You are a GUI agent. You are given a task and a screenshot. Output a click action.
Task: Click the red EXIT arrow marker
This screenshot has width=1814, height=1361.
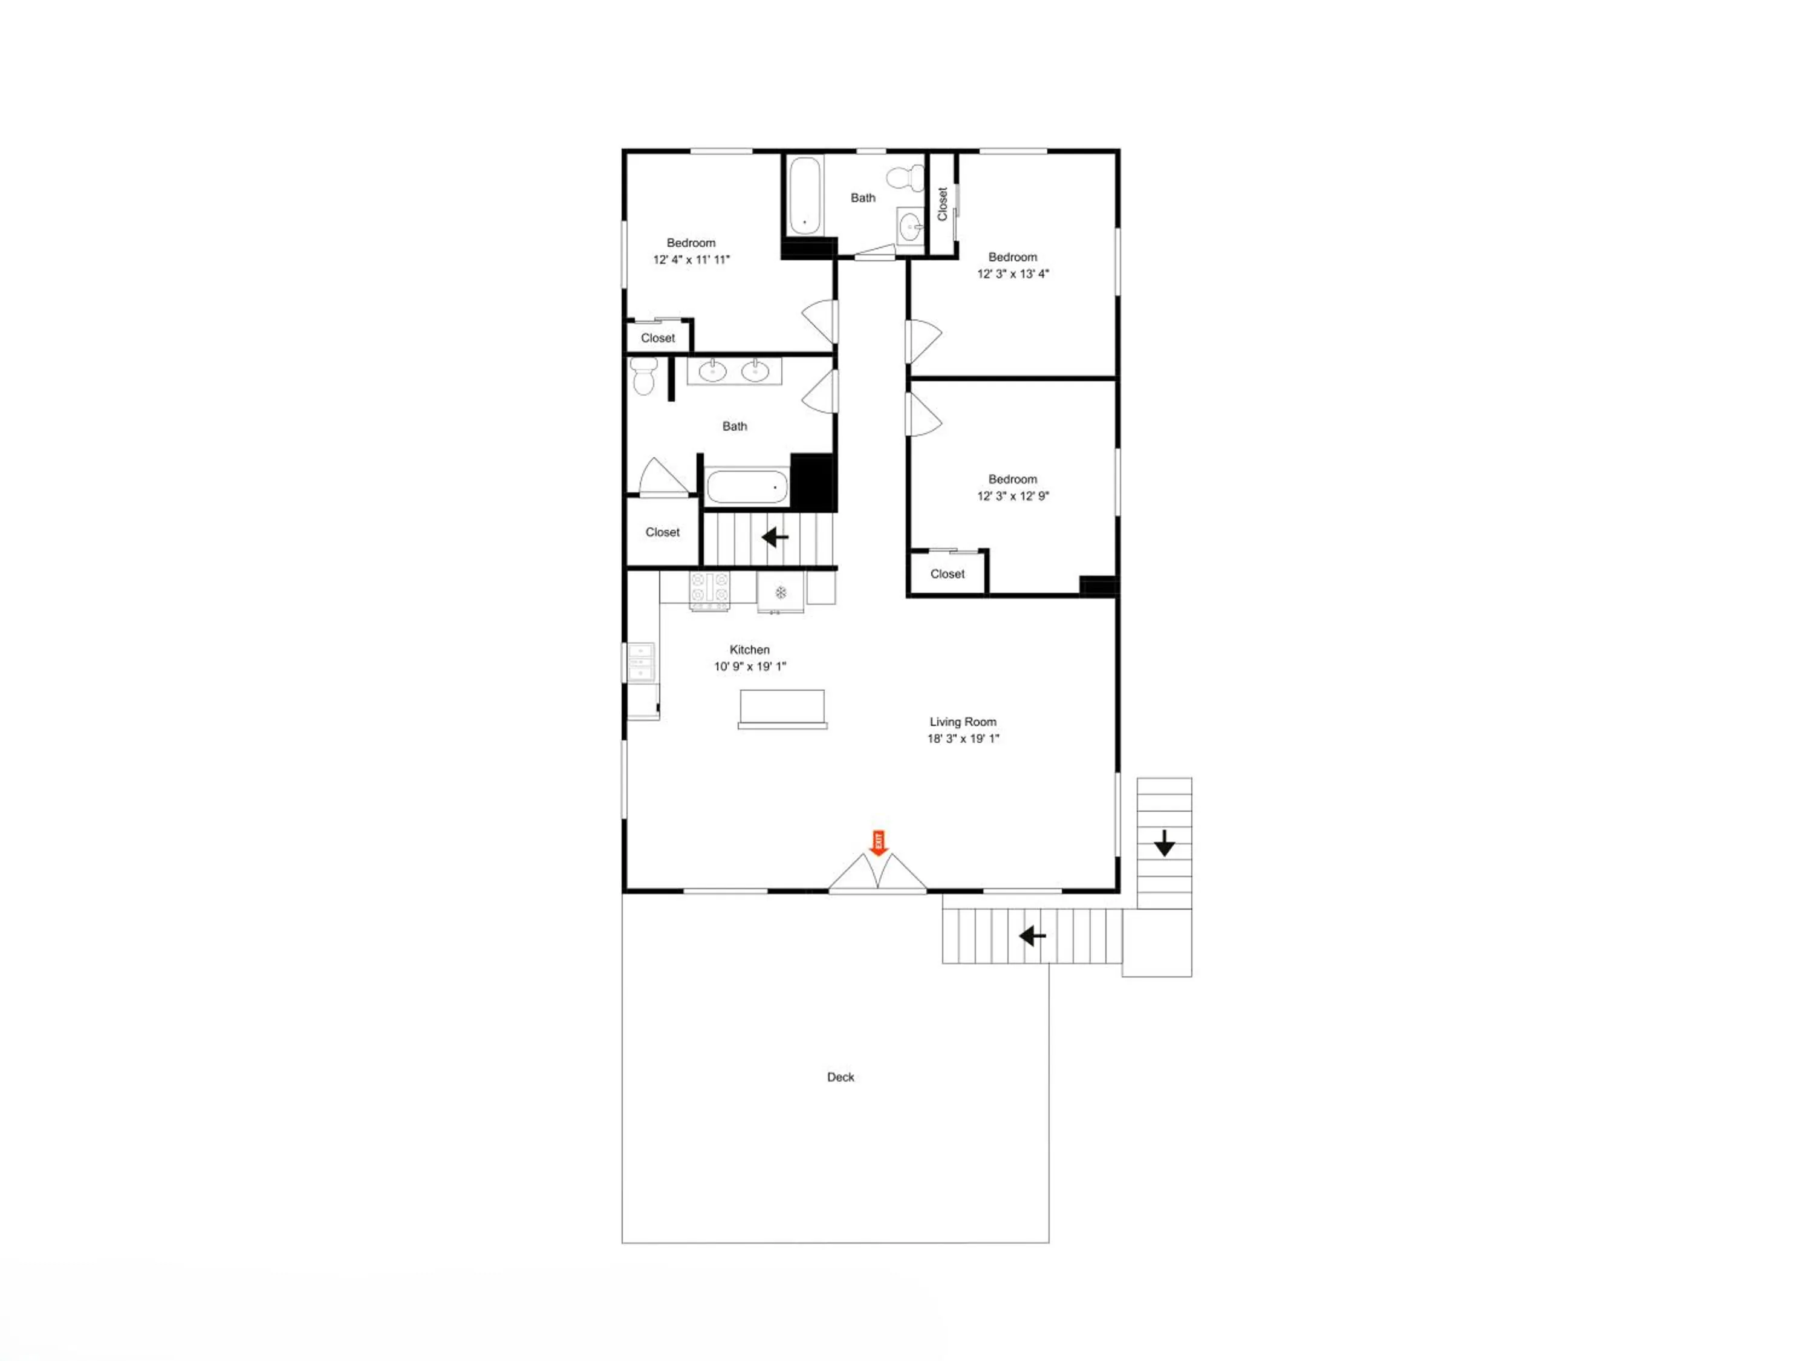[879, 843]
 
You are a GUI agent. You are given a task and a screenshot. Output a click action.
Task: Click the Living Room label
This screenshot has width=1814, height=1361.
[963, 722]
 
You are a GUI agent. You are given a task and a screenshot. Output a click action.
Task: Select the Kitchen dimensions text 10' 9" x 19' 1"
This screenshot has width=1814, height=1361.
[750, 666]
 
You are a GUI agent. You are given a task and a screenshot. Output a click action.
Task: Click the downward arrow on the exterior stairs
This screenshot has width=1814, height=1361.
[1165, 843]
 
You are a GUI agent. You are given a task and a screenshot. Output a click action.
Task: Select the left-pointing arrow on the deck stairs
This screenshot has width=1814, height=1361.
[1033, 935]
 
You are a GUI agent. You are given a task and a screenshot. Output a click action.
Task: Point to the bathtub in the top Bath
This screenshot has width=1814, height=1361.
[804, 195]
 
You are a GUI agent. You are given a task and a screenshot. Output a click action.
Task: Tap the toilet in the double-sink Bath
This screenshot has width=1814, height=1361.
[644, 376]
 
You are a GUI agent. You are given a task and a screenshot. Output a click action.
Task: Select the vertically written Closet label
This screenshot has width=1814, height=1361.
[942, 203]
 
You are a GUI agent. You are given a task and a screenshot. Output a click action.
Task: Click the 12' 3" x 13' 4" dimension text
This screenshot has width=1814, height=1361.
[1013, 274]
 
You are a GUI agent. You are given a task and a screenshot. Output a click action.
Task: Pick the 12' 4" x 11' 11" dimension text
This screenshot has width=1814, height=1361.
[691, 260]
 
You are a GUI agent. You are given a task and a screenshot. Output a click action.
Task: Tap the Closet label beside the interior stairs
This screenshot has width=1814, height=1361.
[663, 532]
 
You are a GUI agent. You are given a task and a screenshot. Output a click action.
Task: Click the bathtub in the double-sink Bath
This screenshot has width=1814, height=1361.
[747, 486]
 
